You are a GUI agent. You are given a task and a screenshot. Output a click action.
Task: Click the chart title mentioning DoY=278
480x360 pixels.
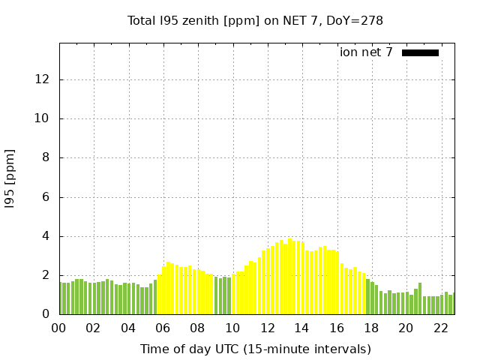(255, 21)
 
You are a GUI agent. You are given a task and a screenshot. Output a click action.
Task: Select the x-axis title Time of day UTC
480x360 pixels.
(255, 349)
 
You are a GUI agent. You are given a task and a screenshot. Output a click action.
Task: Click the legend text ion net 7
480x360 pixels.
(366, 52)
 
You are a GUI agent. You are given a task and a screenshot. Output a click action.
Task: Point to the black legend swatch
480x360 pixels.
(420, 52)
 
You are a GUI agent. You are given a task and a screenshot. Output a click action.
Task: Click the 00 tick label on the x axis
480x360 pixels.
(58, 328)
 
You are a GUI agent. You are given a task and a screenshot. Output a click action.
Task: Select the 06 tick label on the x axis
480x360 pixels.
(163, 328)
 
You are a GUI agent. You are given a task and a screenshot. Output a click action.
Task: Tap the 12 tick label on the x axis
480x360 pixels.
(267, 328)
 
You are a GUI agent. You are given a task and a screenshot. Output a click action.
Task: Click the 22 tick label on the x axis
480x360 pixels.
(441, 328)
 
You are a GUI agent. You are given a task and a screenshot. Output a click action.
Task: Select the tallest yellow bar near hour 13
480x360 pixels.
(289, 277)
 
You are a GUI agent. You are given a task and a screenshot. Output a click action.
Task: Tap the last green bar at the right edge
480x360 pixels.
(453, 304)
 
